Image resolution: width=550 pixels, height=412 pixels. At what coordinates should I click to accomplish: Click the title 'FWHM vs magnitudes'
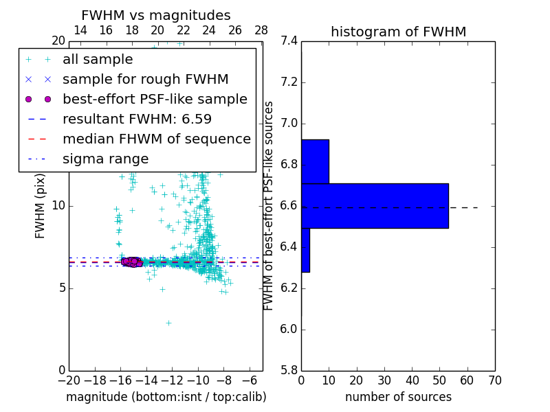[x=156, y=15]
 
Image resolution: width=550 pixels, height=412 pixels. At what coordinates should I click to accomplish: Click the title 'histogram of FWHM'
[x=398, y=32]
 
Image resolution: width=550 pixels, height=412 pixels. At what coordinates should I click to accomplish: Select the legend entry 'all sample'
[x=98, y=60]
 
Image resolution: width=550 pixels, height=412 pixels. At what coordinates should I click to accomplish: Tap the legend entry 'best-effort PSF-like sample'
[x=155, y=99]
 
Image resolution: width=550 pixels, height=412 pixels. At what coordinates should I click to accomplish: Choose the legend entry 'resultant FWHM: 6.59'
[x=137, y=119]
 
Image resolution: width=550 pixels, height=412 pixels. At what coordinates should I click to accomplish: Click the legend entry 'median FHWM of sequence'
[x=156, y=139]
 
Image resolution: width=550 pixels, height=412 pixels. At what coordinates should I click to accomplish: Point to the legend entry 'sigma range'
[x=105, y=159]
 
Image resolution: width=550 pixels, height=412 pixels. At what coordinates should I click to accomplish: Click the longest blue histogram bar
[x=375, y=205]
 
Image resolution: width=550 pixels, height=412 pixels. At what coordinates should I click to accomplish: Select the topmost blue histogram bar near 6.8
[x=315, y=161]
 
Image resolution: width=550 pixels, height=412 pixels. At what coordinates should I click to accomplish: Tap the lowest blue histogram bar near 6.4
[x=305, y=250]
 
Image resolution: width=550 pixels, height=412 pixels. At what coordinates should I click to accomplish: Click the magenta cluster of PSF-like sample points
[x=131, y=262]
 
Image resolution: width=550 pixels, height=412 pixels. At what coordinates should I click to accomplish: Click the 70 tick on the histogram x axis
[x=494, y=380]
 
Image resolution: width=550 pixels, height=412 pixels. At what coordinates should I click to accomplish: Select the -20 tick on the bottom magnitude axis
[x=69, y=380]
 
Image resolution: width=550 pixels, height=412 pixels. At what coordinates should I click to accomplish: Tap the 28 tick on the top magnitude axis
[x=261, y=30]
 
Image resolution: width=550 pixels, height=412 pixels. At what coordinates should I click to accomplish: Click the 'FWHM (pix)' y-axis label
[x=41, y=205]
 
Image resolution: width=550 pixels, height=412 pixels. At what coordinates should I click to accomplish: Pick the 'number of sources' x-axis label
[x=398, y=397]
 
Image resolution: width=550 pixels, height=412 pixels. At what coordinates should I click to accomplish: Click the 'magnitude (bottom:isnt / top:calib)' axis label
[x=166, y=397]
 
